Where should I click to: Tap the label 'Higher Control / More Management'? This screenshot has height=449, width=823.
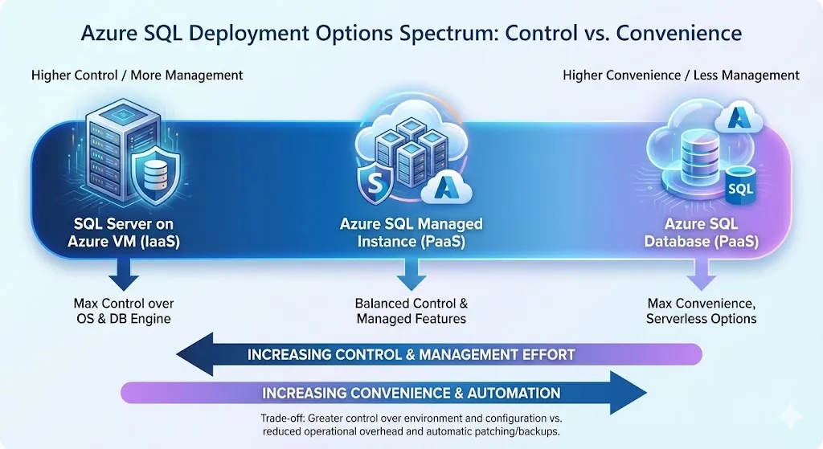(x=137, y=76)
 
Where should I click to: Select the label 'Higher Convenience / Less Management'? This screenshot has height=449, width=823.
(x=681, y=76)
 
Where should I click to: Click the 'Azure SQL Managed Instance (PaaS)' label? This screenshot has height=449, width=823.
(x=411, y=231)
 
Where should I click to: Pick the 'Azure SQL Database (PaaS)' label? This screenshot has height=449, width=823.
(x=700, y=231)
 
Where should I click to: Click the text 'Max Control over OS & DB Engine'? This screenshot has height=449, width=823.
(x=124, y=311)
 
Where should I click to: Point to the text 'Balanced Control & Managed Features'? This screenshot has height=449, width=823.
(x=411, y=311)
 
